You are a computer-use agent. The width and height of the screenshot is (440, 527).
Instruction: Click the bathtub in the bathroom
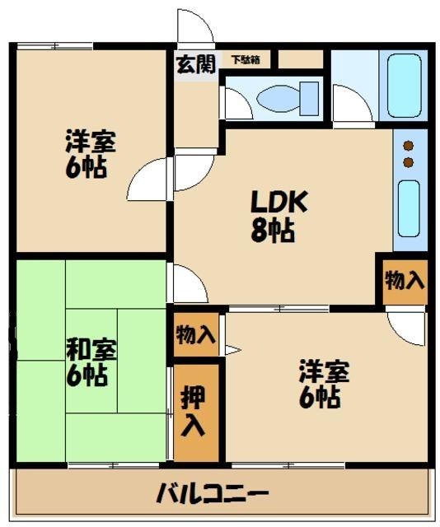tap(404, 85)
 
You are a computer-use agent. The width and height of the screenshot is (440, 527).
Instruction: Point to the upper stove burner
tap(407, 146)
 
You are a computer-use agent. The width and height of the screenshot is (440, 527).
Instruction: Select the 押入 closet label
tap(196, 412)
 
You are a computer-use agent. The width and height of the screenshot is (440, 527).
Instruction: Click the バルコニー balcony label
tap(213, 494)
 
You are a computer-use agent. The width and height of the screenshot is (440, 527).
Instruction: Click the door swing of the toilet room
tap(236, 104)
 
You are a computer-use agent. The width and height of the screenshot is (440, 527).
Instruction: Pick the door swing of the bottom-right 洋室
tap(405, 328)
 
